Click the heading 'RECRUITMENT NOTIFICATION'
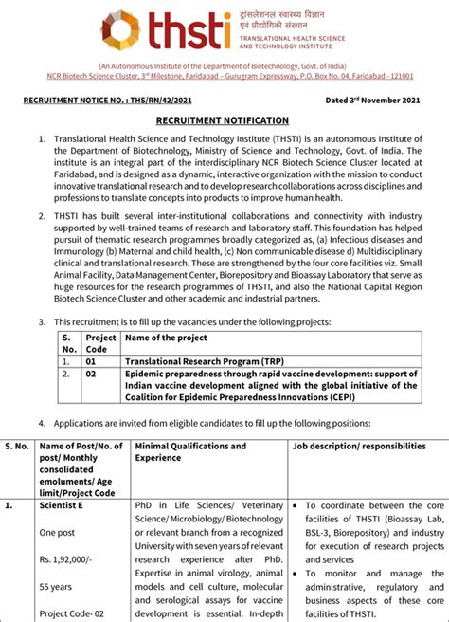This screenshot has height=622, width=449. click(x=224, y=120)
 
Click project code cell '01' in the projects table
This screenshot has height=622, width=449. click(x=92, y=361)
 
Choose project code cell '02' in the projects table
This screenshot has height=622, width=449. click(x=92, y=374)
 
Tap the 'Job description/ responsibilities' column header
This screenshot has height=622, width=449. click(x=359, y=446)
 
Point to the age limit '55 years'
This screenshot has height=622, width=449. click(x=55, y=587)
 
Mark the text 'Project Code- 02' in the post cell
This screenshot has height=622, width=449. click(x=73, y=613)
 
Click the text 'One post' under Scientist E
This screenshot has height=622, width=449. click(x=57, y=533)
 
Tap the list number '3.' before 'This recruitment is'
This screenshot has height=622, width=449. click(x=42, y=322)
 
